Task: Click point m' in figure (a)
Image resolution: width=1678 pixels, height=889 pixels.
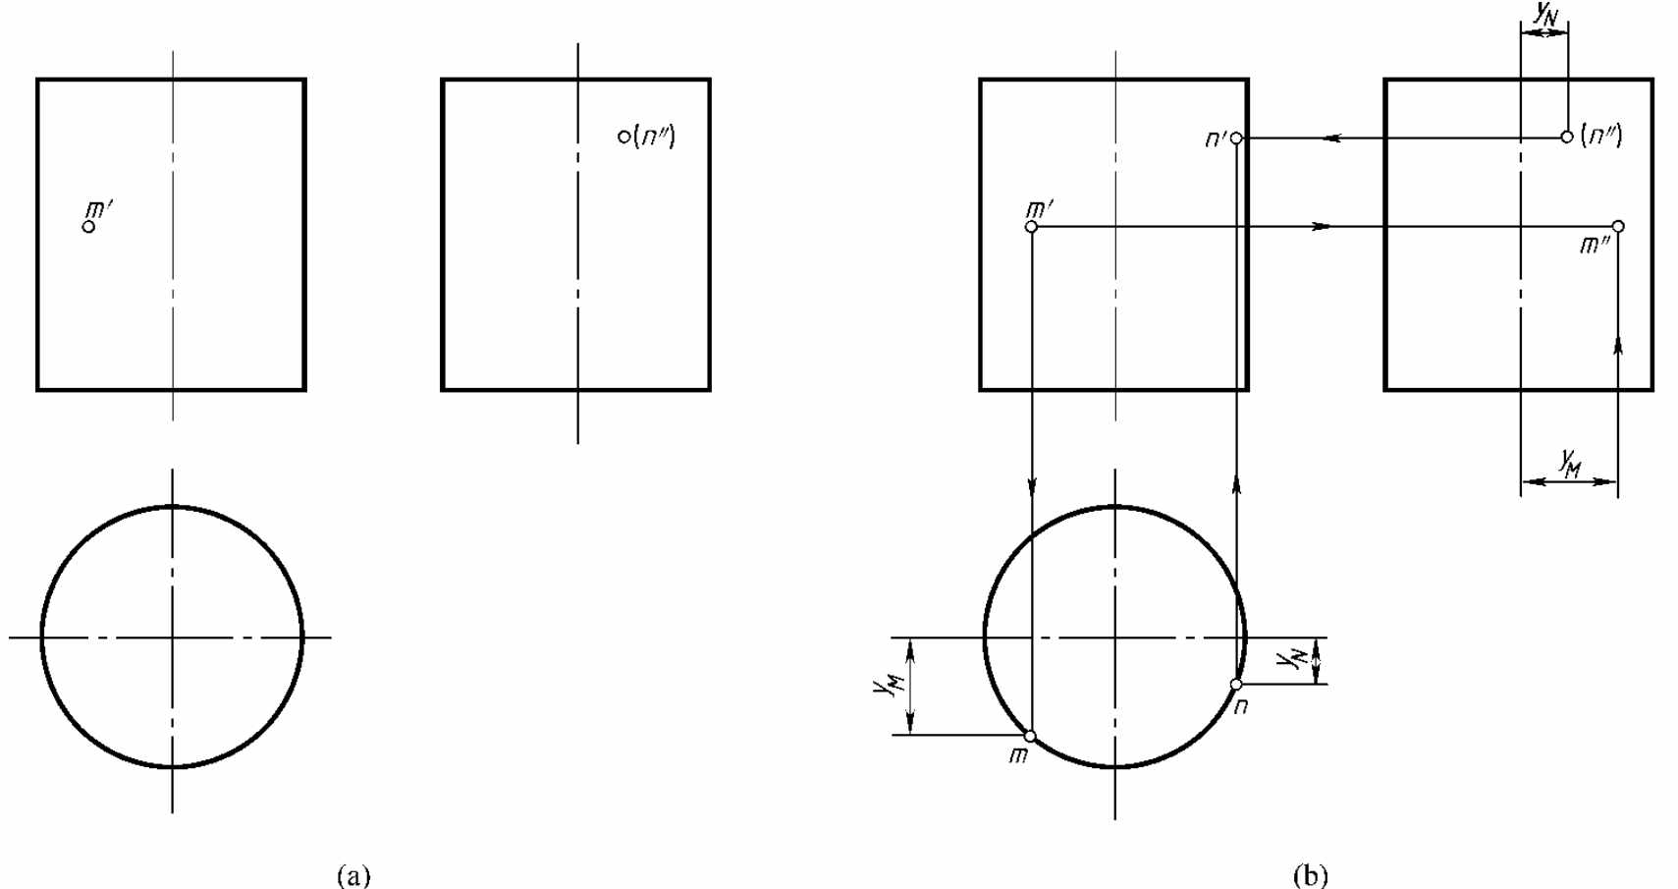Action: point(88,226)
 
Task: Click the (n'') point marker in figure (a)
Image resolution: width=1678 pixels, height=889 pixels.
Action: point(624,137)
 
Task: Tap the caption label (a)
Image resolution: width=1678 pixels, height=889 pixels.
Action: point(353,875)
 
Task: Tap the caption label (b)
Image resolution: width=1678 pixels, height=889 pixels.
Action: point(1310,875)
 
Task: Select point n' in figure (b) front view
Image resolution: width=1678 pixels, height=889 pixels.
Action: point(1236,139)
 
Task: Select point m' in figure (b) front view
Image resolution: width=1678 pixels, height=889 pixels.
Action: point(1032,226)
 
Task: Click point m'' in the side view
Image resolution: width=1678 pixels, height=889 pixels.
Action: point(1618,226)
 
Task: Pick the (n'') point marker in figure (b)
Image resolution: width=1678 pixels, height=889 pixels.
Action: point(1566,138)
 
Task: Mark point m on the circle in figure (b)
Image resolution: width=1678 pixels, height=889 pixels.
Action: point(1031,736)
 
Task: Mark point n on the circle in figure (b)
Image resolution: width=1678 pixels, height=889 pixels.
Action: point(1236,685)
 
